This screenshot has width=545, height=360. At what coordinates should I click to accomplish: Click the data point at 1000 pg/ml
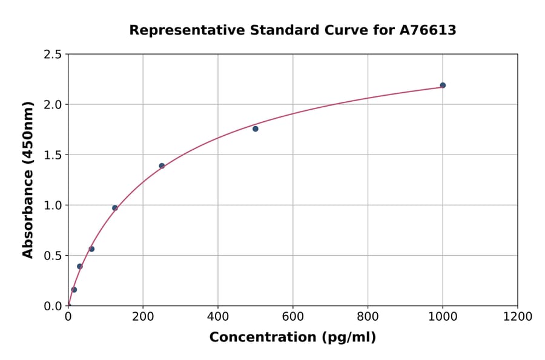(443, 85)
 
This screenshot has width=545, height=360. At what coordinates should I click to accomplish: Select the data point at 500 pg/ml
(256, 128)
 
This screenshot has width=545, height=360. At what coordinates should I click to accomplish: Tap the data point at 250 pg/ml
(162, 165)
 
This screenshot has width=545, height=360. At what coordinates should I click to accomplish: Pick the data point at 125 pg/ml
(115, 208)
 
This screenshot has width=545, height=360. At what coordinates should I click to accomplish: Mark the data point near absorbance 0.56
(91, 249)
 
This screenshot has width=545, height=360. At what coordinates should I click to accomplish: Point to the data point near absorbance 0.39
(79, 266)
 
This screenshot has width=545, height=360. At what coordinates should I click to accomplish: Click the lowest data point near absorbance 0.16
(74, 290)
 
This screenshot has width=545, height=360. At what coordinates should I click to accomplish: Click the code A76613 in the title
(428, 30)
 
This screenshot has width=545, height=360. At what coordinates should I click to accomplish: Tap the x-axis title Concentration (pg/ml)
(292, 338)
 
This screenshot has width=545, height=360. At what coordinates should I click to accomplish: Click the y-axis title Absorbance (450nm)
(28, 179)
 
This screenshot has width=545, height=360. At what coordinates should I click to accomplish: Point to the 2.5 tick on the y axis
(53, 55)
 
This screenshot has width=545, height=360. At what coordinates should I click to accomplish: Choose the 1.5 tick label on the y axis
(53, 155)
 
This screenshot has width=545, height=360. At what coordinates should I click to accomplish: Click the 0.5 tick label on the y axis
(53, 256)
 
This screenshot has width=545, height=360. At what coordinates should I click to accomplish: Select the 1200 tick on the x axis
(517, 317)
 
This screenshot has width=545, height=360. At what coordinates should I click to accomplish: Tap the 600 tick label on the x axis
(292, 317)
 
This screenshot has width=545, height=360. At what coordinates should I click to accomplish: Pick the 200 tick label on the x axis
(143, 317)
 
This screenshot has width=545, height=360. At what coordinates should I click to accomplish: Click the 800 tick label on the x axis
(368, 317)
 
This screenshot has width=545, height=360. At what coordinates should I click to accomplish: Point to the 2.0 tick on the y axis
(53, 105)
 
